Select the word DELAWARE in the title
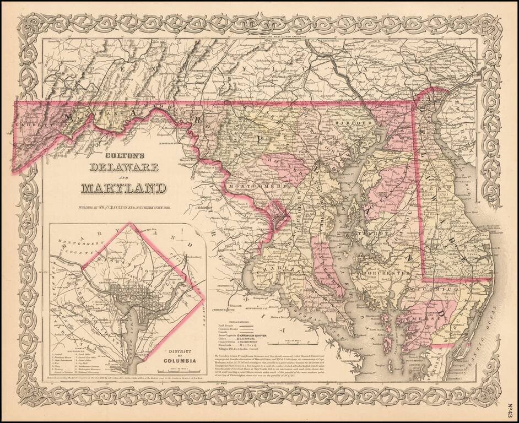pos(124,166)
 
